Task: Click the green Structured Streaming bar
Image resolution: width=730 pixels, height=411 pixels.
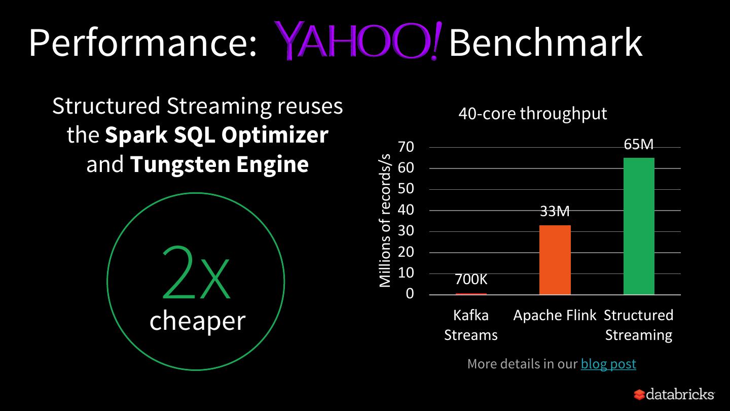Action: point(639,226)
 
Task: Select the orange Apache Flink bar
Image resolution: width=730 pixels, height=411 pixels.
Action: point(555,260)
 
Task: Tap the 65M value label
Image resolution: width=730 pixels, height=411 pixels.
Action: point(639,145)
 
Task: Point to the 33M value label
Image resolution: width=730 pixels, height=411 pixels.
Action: point(555,211)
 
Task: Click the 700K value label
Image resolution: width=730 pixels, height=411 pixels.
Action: point(471,280)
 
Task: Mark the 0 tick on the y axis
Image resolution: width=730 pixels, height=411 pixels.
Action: point(410,294)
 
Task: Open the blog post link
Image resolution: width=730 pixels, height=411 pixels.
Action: point(608,364)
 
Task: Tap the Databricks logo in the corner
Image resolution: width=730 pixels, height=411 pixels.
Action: point(674,394)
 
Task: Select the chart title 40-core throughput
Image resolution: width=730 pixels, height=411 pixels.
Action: point(532,114)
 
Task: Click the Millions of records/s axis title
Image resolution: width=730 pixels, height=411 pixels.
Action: point(386,220)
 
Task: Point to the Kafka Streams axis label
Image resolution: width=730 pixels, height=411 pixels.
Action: point(471,325)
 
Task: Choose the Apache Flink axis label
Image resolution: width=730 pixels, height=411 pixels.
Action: point(555,315)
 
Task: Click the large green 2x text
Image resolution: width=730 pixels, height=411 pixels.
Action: point(196,274)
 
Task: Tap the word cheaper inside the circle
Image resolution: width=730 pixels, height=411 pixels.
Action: point(197,321)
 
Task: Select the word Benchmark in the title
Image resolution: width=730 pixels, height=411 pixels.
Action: point(545,43)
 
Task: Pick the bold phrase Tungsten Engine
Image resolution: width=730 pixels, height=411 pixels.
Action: point(220,164)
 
